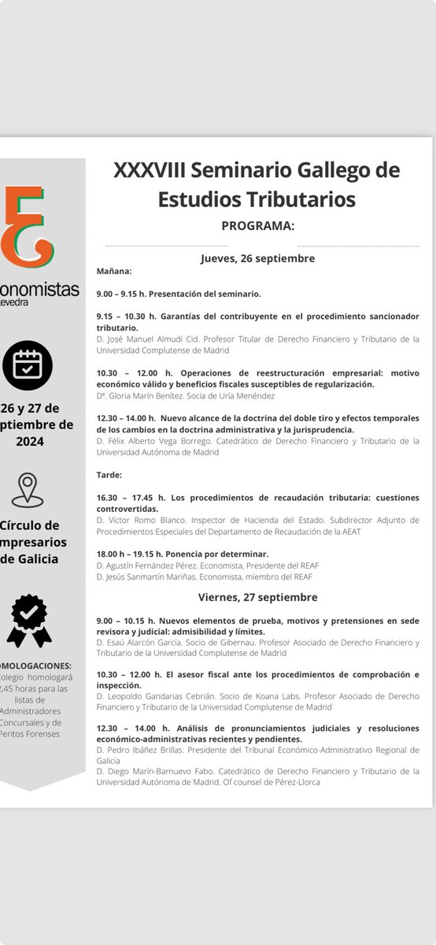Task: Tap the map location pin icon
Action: pyautogui.click(x=28, y=491)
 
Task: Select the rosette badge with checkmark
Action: pyautogui.click(x=29, y=621)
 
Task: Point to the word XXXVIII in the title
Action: pyautogui.click(x=150, y=170)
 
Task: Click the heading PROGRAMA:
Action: pyautogui.click(x=257, y=226)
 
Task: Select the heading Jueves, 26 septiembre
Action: pyautogui.click(x=257, y=258)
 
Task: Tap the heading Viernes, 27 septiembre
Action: pyautogui.click(x=257, y=597)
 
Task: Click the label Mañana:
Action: pyautogui.click(x=114, y=271)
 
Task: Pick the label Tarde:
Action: pyautogui.click(x=109, y=475)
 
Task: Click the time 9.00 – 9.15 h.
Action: pyautogui.click(x=127, y=294)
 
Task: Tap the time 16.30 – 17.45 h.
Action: pyautogui.click(x=131, y=498)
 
